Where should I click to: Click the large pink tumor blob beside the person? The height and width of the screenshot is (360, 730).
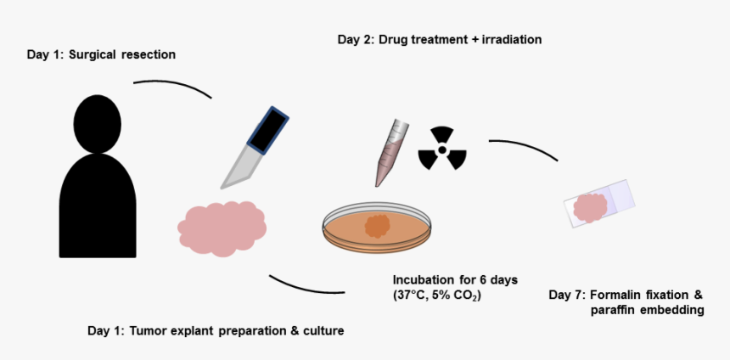click(x=222, y=228)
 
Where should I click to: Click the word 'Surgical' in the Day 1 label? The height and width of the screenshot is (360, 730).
click(x=98, y=55)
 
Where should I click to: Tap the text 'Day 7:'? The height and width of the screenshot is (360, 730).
click(x=567, y=295)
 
